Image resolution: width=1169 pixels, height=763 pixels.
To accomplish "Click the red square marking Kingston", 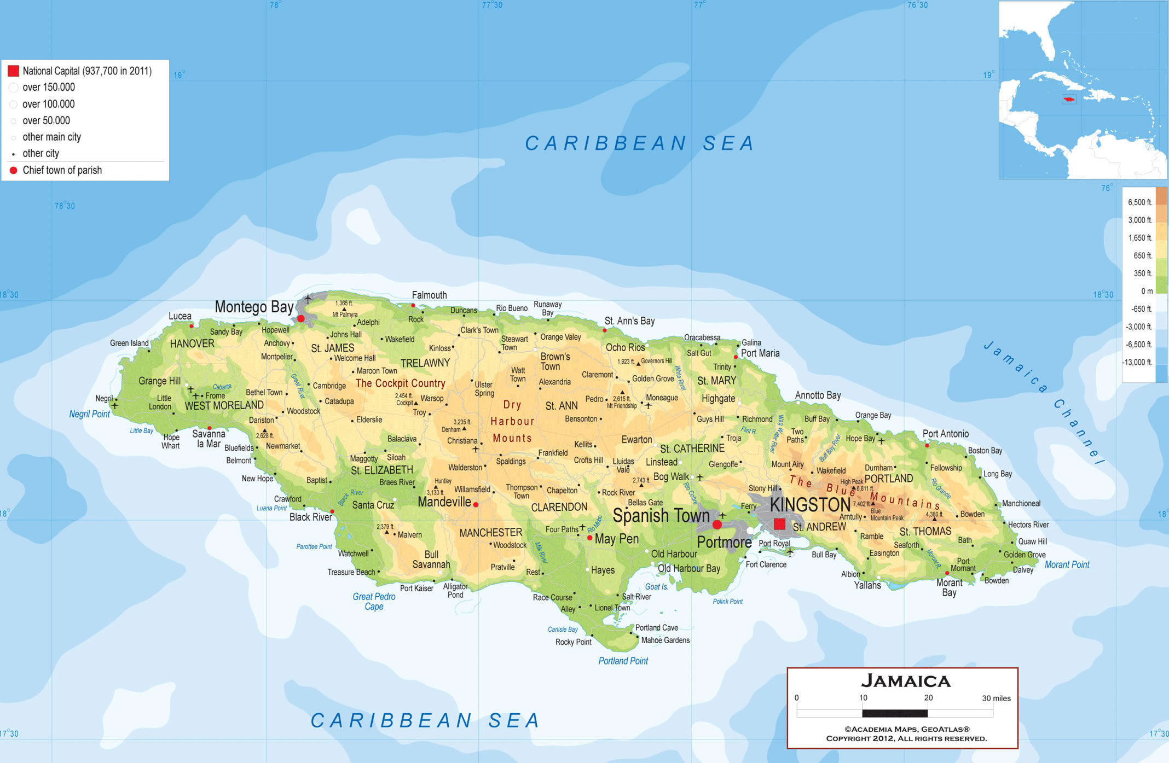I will point(779,524).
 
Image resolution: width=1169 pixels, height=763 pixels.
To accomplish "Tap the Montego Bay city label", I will point(254,307).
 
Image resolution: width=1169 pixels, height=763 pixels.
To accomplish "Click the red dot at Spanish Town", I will point(717,525).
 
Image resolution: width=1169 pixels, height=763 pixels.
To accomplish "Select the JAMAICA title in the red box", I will point(906,681).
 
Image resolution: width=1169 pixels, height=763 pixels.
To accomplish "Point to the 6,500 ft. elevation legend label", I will point(1139,202).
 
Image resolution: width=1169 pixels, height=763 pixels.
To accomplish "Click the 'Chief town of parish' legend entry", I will point(62,170).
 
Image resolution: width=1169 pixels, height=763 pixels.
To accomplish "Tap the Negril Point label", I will point(89,414).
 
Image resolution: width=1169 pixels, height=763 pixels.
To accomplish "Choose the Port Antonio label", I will point(945,434).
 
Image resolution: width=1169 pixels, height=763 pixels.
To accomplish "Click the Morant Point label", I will point(1067,564).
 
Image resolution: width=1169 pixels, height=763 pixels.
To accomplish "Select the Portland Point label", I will point(623,661).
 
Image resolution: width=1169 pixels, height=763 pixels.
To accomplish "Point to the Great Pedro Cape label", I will point(374,601).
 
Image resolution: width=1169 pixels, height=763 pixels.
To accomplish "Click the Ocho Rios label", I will point(625,347).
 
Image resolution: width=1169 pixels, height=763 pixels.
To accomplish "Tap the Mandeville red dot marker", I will point(476,505).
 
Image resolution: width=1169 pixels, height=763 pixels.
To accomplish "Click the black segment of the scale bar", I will point(895,713).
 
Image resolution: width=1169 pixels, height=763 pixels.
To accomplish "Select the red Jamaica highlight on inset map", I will point(1068,100).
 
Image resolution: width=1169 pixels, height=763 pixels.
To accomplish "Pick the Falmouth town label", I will point(429,295).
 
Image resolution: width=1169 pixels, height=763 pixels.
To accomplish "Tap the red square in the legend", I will point(13,71).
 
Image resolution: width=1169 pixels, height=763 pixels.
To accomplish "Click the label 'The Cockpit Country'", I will point(400,383).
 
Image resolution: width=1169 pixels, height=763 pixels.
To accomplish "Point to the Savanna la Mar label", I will point(209,439).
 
